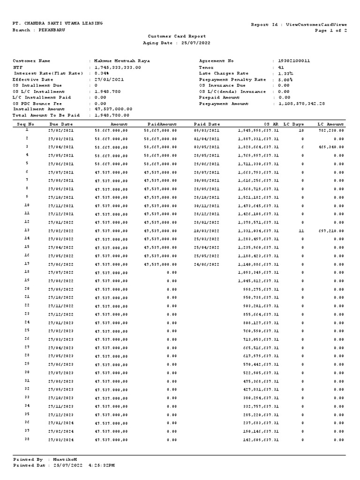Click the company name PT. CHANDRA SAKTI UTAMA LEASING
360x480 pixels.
point(58,23)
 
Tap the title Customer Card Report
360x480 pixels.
point(177,36)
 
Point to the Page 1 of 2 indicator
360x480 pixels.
point(331,30)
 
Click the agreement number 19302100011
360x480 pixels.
point(294,61)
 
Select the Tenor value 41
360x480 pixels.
point(281,67)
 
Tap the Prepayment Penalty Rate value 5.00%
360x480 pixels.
point(285,79)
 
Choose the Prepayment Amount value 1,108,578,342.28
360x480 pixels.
point(301,104)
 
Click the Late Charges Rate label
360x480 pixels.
point(224,73)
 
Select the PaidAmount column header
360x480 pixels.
point(162,124)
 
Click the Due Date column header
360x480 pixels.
point(61,124)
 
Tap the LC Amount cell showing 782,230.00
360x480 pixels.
point(331,130)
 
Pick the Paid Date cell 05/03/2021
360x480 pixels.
point(206,130)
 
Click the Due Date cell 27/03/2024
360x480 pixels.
point(61,440)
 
